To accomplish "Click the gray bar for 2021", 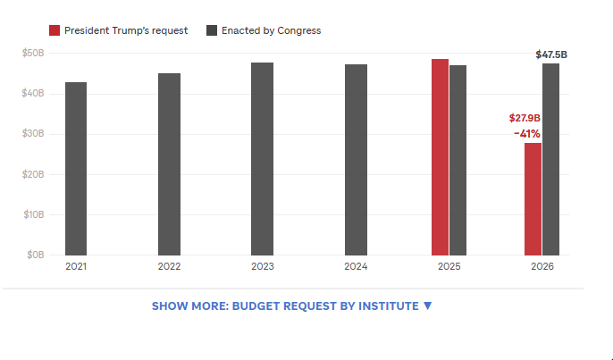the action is coord(76,169).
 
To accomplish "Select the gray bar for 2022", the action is coord(169,164).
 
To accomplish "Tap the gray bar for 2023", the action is coord(263,159).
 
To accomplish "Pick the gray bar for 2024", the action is coord(356,160).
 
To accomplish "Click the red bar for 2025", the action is coord(441,157).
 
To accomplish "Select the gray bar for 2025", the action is coord(458,160).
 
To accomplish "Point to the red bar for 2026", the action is coord(533,199).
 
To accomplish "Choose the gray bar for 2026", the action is coord(550,160).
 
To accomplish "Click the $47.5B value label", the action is coord(551,54).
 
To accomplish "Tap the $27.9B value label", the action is coord(525,118).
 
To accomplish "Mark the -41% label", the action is coord(527,134).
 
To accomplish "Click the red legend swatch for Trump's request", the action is coord(55,30).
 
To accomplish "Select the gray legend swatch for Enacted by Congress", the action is coord(212,30).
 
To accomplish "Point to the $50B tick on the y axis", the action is coord(33,53).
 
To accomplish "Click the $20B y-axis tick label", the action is coord(33,174).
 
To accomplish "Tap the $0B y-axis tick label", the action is coord(35,255).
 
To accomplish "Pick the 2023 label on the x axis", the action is coord(263,266).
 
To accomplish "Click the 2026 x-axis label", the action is coord(542,266).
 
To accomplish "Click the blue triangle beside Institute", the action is coord(428,306).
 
